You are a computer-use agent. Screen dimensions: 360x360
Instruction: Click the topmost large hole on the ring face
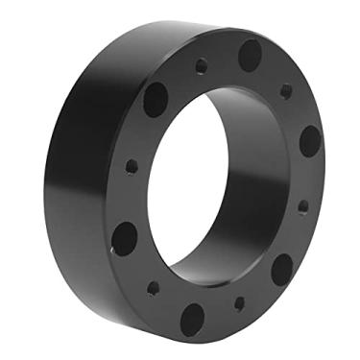pos(250,54)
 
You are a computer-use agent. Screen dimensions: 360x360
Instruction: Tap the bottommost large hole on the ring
pos(192,318)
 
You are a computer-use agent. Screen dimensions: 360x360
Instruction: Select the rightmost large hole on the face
pos(310,141)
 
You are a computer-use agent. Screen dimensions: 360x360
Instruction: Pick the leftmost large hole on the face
pos(124,237)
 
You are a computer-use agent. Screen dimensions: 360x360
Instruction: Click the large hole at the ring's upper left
pos(156,98)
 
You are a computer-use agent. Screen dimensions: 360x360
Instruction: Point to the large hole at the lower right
pos(281,269)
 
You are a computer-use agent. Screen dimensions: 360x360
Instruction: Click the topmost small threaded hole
pos(202,67)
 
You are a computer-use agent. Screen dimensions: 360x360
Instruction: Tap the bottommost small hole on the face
pos(239,303)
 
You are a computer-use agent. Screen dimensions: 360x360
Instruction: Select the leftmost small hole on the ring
pos(132,167)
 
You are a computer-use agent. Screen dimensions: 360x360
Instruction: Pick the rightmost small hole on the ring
pos(303,205)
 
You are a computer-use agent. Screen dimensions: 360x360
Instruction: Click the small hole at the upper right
pos(286,91)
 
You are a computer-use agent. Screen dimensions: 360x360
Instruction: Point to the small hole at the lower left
pos(152,285)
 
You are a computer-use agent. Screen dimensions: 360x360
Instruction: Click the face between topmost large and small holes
pos(226,60)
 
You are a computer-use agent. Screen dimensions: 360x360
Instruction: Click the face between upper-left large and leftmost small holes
pos(142,132)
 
